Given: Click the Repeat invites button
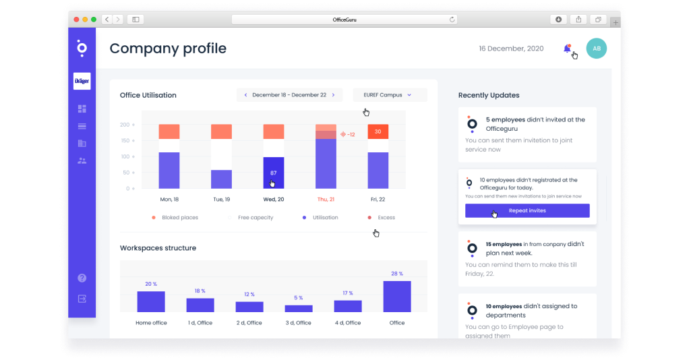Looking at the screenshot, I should point(527,211).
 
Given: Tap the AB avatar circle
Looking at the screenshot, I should point(596,48).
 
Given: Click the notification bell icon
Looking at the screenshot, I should point(567,49).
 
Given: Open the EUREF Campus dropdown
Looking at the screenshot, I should point(390,95).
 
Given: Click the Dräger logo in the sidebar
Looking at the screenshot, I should point(82,81).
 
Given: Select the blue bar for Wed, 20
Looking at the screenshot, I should point(273,173).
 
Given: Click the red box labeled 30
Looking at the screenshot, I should point(378,131).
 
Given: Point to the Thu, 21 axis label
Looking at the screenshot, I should point(326,200).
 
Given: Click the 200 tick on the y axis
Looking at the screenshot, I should point(125,125).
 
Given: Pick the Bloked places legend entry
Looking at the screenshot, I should point(179,218).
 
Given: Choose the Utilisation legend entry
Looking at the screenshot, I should point(325,218).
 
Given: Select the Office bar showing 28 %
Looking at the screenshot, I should point(397,296).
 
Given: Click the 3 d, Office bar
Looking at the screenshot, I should point(299,308).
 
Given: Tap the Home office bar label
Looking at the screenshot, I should point(150,323).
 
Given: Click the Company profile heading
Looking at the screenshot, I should point(168,49).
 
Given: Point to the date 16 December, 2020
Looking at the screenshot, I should point(511,49).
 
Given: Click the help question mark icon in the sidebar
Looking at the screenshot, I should point(82,278).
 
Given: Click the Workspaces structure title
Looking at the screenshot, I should point(158,248).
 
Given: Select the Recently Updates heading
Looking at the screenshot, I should point(489,95).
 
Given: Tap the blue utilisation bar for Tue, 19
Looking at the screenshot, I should point(221,179).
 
